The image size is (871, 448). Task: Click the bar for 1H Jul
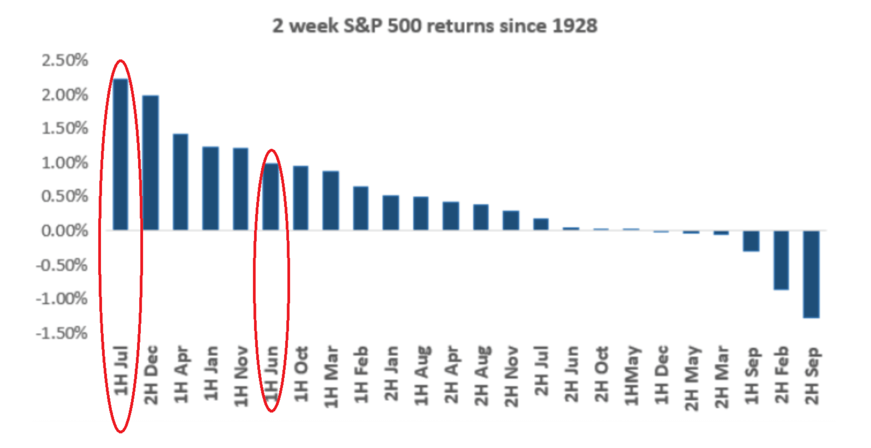click(120, 154)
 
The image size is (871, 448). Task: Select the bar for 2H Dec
click(150, 163)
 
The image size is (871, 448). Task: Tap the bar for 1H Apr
click(181, 182)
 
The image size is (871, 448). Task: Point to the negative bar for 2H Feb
click(781, 260)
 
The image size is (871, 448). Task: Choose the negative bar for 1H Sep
click(751, 241)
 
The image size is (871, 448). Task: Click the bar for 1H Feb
click(361, 208)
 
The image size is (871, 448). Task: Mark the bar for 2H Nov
click(511, 220)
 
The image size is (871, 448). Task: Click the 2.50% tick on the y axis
click(64, 61)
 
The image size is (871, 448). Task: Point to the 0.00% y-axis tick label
click(64, 231)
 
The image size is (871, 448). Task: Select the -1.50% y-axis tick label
click(62, 333)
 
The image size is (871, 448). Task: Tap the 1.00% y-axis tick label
click(64, 163)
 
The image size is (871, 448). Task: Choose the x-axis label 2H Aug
click(481, 375)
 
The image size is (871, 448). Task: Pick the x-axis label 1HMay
click(631, 375)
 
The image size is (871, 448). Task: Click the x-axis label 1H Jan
click(211, 373)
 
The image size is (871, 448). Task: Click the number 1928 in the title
click(574, 26)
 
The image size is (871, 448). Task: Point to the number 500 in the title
click(405, 26)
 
